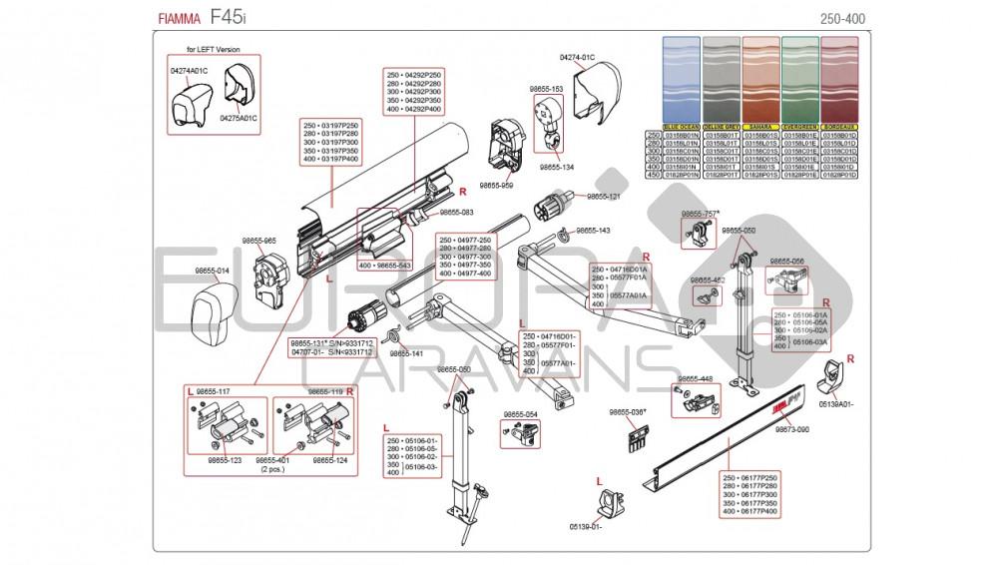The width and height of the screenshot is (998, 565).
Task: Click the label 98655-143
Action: (x=592, y=231)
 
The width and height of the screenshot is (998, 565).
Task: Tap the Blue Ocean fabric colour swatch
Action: (x=683, y=81)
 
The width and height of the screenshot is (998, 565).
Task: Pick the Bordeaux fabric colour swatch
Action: (x=838, y=81)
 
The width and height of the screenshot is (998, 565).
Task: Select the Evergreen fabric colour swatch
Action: (x=799, y=81)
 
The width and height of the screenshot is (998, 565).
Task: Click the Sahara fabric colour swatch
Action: (x=760, y=81)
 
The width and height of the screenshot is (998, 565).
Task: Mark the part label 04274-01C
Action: (x=577, y=58)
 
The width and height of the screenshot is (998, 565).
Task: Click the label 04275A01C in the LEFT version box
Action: (x=239, y=118)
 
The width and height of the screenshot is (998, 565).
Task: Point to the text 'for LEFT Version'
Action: (x=214, y=49)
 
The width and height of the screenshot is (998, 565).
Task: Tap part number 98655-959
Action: (x=496, y=185)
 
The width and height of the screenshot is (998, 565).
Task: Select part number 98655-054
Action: (x=521, y=413)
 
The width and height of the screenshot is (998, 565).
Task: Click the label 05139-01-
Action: (x=586, y=526)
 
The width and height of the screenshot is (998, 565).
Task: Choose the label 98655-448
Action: (x=695, y=379)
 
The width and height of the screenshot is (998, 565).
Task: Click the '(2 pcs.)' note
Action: (x=271, y=468)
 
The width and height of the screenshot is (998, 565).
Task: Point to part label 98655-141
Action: (x=406, y=353)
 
